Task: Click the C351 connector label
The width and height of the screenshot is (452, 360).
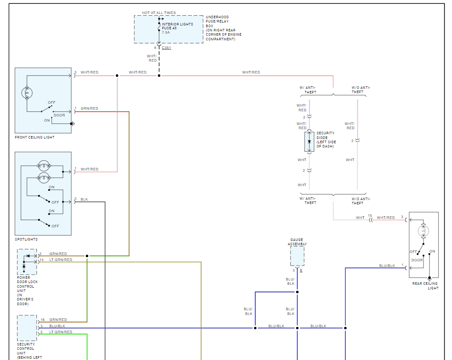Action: pos(167,48)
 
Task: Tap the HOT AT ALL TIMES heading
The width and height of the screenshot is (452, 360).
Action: pos(159,13)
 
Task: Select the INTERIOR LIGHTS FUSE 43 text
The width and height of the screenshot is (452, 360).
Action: pos(177,26)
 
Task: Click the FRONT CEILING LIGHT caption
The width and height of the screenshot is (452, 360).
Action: pos(34,137)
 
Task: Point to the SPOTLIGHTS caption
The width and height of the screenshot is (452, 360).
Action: pos(26,239)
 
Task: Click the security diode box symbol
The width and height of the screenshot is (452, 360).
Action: pos(309,142)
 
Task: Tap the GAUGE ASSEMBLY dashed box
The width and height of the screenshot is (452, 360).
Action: pos(297,256)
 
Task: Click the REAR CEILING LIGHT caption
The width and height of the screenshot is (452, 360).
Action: pos(425,286)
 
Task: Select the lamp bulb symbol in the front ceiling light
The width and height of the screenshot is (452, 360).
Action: pos(27,93)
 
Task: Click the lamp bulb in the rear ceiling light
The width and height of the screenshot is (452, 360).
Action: pos(424,231)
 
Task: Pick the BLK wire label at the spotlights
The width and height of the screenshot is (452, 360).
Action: pos(84,199)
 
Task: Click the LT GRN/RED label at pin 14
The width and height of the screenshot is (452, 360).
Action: pos(61,260)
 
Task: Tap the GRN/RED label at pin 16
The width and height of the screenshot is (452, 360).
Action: pos(58,320)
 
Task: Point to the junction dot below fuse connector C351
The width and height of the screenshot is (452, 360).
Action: pos(159,76)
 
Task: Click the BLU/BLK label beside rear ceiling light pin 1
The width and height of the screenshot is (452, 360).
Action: pos(387,265)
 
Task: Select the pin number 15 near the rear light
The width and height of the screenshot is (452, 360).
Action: pos(370,215)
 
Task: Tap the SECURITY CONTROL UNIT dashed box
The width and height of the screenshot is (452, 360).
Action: pos(27,328)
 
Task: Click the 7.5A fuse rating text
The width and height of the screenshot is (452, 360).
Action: pos(166,32)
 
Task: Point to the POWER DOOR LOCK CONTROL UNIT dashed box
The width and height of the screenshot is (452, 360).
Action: pos(27,262)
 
